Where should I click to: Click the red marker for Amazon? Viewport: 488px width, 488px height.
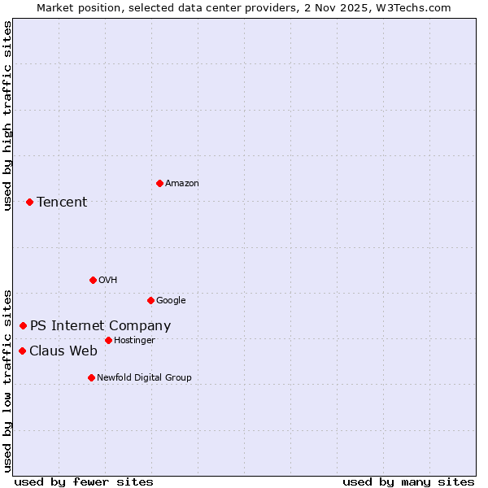(x=159, y=183)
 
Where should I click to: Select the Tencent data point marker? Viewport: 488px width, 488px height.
(x=29, y=202)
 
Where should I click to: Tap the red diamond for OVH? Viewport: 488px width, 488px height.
(x=93, y=280)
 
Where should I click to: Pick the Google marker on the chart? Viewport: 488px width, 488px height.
(x=150, y=300)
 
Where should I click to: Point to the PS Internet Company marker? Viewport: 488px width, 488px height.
(x=23, y=325)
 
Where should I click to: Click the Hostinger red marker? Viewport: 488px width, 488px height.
(x=108, y=340)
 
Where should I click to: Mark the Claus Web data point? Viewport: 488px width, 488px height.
(x=22, y=351)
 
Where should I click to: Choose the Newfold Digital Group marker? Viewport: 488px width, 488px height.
(x=91, y=377)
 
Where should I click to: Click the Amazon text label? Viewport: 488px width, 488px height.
(x=182, y=184)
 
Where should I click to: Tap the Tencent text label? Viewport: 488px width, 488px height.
(x=62, y=203)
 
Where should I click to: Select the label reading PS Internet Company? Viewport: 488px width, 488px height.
(x=100, y=326)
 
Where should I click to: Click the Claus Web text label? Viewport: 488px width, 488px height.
(x=63, y=351)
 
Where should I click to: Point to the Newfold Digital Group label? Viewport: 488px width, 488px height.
(x=144, y=377)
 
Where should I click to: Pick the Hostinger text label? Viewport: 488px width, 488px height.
(x=134, y=340)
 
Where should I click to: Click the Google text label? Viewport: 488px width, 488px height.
(x=171, y=300)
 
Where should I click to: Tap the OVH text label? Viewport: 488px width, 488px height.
(x=108, y=280)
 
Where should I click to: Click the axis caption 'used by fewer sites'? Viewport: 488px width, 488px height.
(x=84, y=481)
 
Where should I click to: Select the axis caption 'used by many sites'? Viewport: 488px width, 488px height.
(x=408, y=481)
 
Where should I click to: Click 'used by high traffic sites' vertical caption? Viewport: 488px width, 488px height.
(x=8, y=115)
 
